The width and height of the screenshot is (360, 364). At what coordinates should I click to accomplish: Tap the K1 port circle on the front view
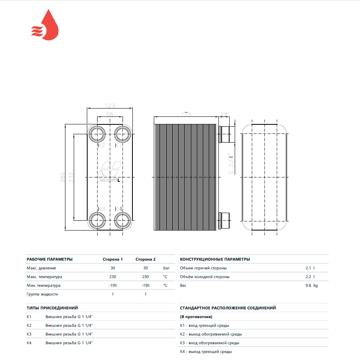[123, 134]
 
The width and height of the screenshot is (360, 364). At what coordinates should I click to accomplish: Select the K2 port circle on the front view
[97, 134]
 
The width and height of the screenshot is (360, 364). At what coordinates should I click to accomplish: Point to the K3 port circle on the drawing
[97, 220]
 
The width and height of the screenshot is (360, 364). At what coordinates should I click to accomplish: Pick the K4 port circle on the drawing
[123, 220]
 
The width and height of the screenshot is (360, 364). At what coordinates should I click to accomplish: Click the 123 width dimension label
[110, 105]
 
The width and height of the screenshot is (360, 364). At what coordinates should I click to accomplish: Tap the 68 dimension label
[110, 114]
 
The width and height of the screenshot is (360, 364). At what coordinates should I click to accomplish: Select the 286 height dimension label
[63, 177]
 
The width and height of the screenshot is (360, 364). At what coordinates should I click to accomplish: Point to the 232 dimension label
[71, 177]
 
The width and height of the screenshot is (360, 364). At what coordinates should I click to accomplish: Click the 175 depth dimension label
[186, 114]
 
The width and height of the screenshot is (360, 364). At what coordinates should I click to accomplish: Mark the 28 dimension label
[224, 114]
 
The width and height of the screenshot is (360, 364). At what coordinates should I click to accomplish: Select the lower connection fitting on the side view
[224, 220]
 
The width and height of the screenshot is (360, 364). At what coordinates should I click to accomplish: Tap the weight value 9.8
[308, 285]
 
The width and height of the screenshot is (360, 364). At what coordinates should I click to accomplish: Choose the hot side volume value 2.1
[308, 268]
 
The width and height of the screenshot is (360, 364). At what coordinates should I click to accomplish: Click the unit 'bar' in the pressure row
[166, 268]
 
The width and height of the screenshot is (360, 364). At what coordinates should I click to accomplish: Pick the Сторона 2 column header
[146, 259]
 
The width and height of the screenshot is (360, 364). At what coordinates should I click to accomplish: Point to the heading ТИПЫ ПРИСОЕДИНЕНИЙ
[52, 308]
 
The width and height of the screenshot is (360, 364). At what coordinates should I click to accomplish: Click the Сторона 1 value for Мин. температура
[113, 285]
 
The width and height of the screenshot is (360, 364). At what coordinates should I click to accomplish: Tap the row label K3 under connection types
[29, 334]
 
